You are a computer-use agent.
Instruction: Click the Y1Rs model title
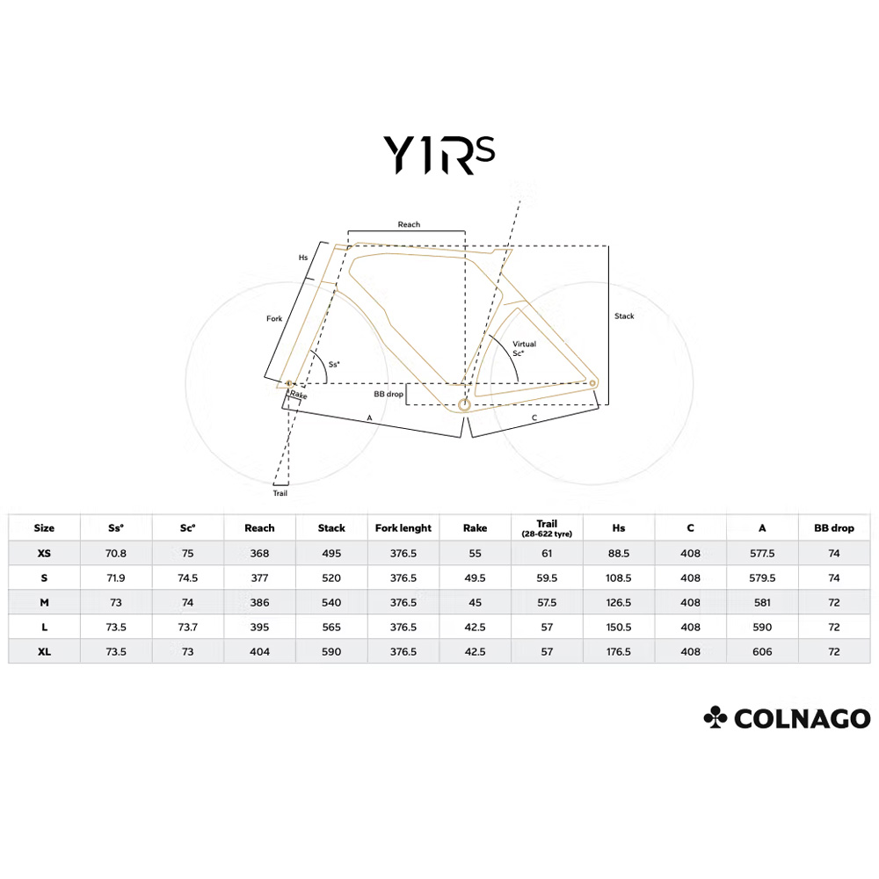click(x=439, y=155)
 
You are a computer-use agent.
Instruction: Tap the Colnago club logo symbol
click(x=716, y=718)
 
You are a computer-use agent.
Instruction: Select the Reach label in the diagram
click(x=409, y=225)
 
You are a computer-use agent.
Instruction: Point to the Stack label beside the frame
click(x=624, y=316)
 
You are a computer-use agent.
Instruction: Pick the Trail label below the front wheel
click(x=280, y=493)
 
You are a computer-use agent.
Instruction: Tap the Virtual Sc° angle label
click(x=524, y=348)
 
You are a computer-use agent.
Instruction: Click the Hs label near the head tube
click(x=303, y=258)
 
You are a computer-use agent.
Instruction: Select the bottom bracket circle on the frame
click(x=463, y=404)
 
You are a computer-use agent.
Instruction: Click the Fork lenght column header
click(x=403, y=528)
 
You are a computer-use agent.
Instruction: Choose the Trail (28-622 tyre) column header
click(x=547, y=528)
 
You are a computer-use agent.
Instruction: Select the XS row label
click(x=44, y=554)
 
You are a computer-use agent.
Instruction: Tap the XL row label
click(x=44, y=652)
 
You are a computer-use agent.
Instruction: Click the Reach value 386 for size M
click(x=259, y=603)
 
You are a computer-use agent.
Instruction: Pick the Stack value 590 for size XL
click(x=331, y=652)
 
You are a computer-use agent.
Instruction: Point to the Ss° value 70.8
click(x=115, y=554)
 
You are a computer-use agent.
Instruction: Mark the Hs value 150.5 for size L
click(x=619, y=628)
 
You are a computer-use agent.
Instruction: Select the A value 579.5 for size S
click(x=762, y=578)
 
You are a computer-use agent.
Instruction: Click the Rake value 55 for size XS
click(x=475, y=554)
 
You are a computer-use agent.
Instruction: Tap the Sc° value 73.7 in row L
click(x=187, y=628)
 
